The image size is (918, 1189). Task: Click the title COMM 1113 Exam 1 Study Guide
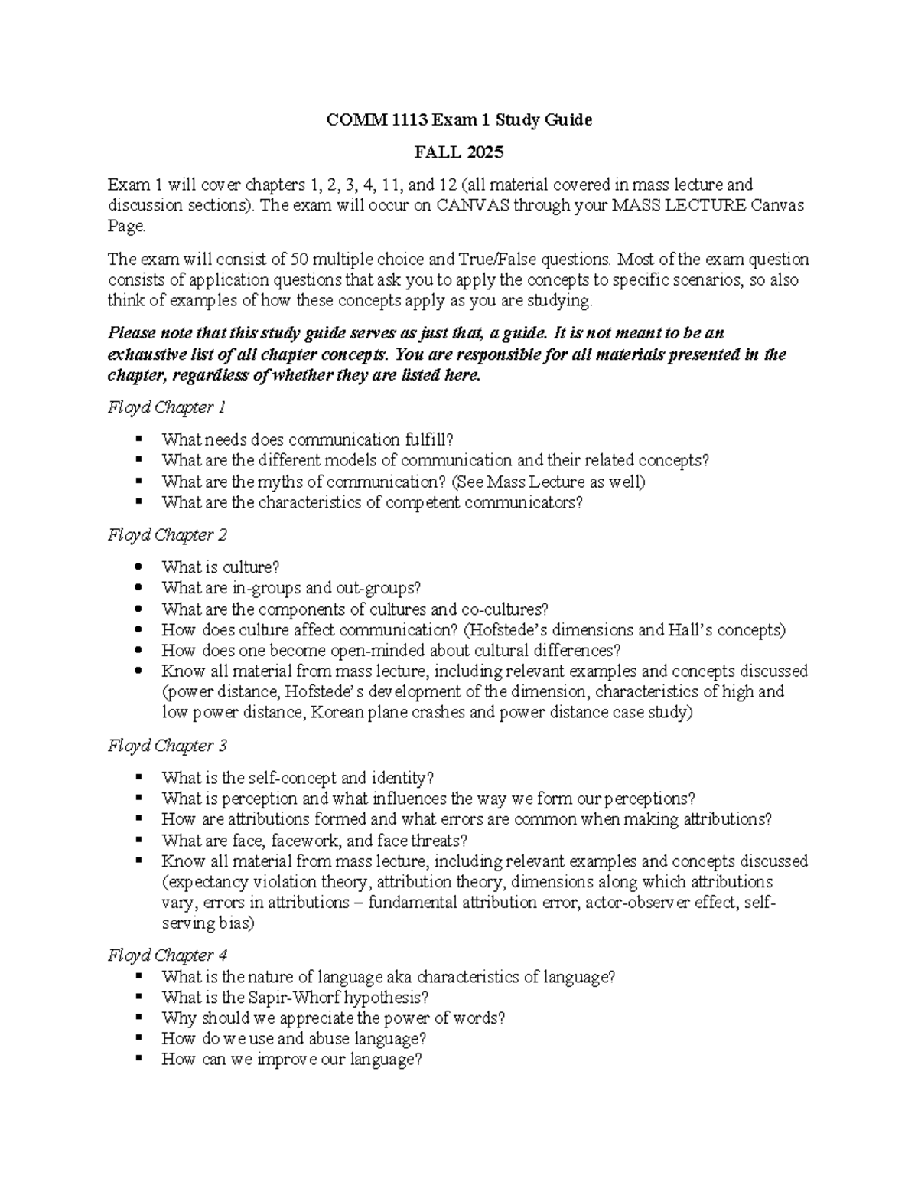click(459, 120)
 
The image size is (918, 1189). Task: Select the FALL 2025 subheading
click(459, 152)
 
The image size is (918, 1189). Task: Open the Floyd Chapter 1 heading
click(166, 407)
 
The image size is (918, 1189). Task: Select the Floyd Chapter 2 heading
click(167, 534)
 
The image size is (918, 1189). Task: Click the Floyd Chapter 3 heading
click(167, 745)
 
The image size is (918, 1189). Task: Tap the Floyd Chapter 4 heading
click(167, 955)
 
